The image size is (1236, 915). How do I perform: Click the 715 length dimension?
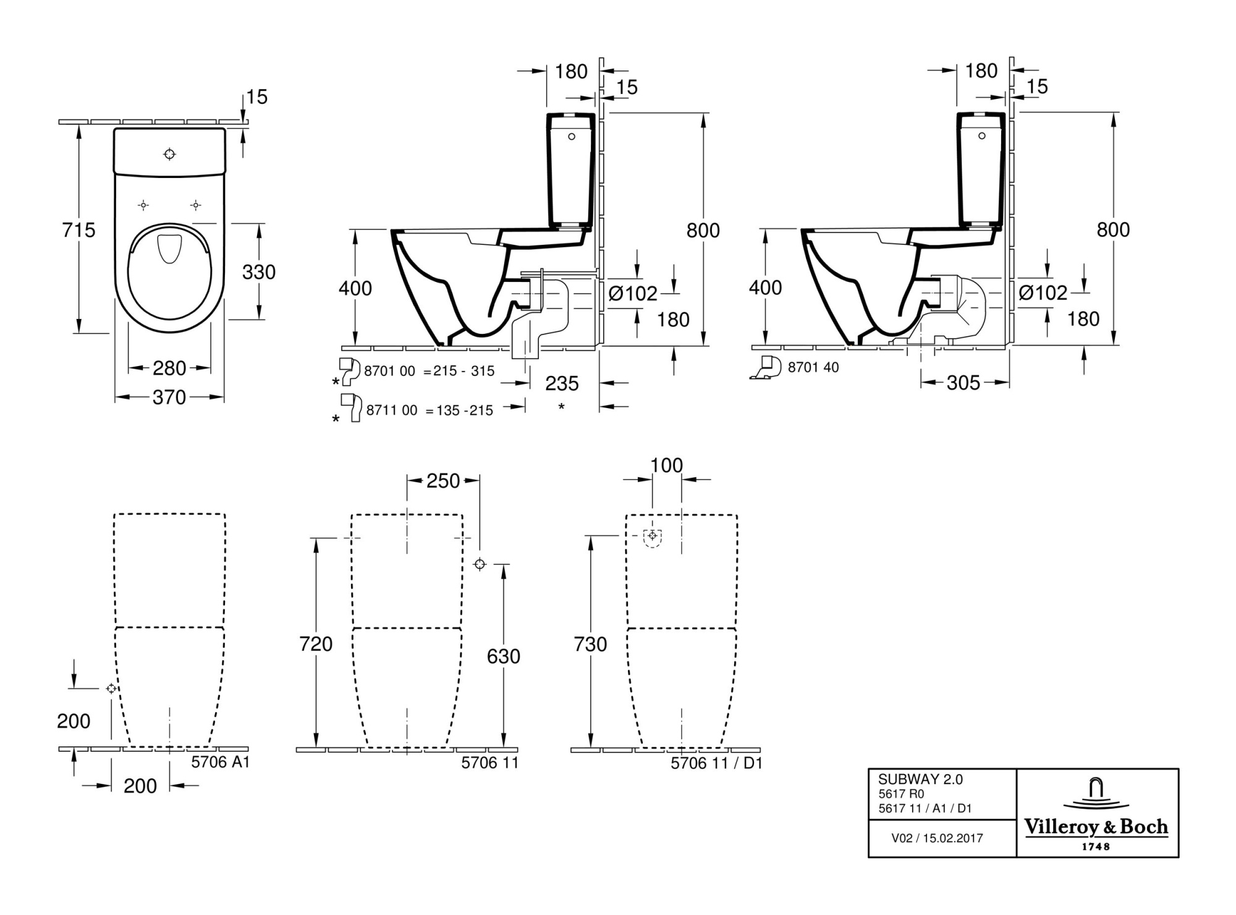pyautogui.click(x=78, y=230)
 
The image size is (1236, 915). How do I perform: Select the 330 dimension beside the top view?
pyautogui.click(x=258, y=272)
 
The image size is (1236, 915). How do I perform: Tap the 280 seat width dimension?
pyautogui.click(x=169, y=368)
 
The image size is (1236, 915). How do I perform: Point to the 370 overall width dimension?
pyautogui.click(x=169, y=398)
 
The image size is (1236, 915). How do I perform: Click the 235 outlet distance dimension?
pyautogui.click(x=562, y=384)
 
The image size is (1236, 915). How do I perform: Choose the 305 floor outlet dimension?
pyautogui.click(x=963, y=383)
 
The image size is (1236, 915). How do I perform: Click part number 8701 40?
pyautogui.click(x=813, y=368)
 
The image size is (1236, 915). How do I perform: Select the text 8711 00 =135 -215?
pyautogui.click(x=430, y=411)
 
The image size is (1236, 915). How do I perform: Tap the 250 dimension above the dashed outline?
pyautogui.click(x=443, y=481)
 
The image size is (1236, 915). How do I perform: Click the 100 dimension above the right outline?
pyautogui.click(x=666, y=466)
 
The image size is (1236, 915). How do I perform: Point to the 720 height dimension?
pyautogui.click(x=316, y=644)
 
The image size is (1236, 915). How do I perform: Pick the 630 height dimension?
pyautogui.click(x=503, y=657)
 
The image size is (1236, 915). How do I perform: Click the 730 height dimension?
pyautogui.click(x=590, y=644)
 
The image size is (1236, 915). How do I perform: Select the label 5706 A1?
pyautogui.click(x=220, y=762)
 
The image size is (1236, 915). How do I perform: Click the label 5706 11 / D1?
pyautogui.click(x=716, y=764)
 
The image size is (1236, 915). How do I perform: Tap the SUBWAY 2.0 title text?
pyautogui.click(x=920, y=780)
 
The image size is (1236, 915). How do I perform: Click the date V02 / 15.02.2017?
pyautogui.click(x=937, y=838)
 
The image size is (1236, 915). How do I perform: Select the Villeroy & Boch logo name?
pyautogui.click(x=1096, y=827)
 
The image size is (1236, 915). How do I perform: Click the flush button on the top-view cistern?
pyautogui.click(x=169, y=154)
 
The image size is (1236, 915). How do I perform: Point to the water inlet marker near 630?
pyautogui.click(x=480, y=564)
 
